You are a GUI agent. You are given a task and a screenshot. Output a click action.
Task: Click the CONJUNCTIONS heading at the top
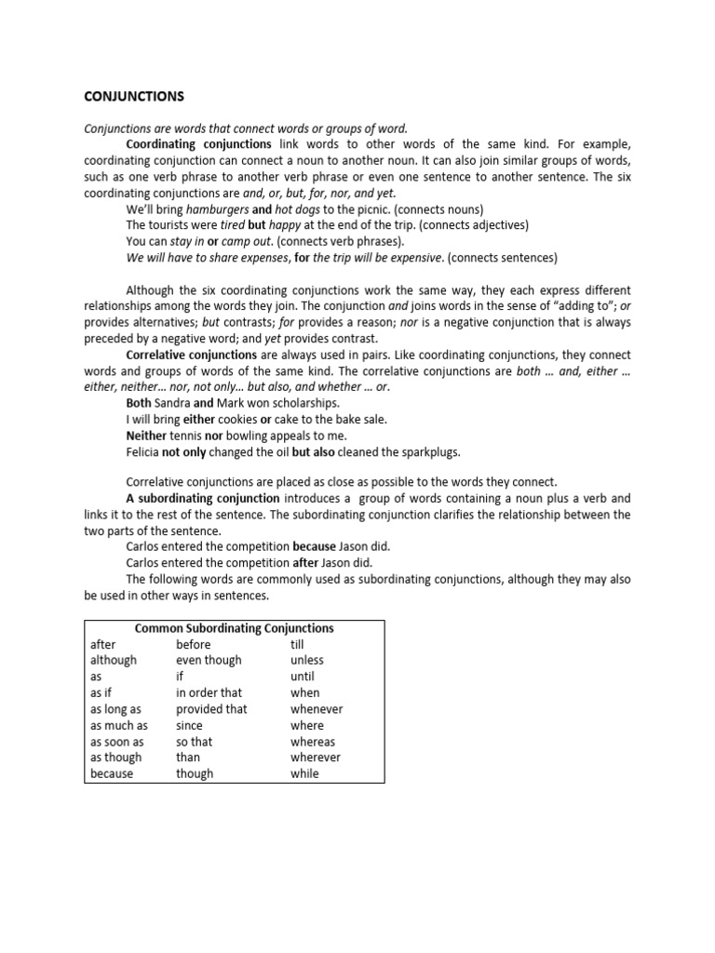click(x=134, y=96)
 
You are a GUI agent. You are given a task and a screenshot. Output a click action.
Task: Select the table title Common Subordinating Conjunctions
click(x=234, y=628)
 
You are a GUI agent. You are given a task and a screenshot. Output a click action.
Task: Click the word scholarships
click(x=306, y=403)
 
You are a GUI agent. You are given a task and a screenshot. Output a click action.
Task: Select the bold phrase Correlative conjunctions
click(x=191, y=355)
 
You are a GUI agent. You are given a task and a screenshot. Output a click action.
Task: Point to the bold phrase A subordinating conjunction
click(x=202, y=499)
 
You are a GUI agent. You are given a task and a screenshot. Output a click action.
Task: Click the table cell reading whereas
click(x=313, y=742)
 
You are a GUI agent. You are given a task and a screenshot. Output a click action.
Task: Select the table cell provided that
click(x=211, y=709)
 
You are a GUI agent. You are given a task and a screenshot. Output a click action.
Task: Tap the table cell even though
click(x=209, y=660)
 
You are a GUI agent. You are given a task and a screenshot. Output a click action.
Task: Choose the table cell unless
click(x=307, y=660)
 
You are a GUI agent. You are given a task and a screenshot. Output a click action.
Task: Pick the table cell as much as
click(x=118, y=725)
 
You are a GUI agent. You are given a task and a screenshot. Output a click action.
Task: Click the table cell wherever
click(x=316, y=758)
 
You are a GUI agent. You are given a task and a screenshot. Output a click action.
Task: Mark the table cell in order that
click(x=209, y=692)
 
